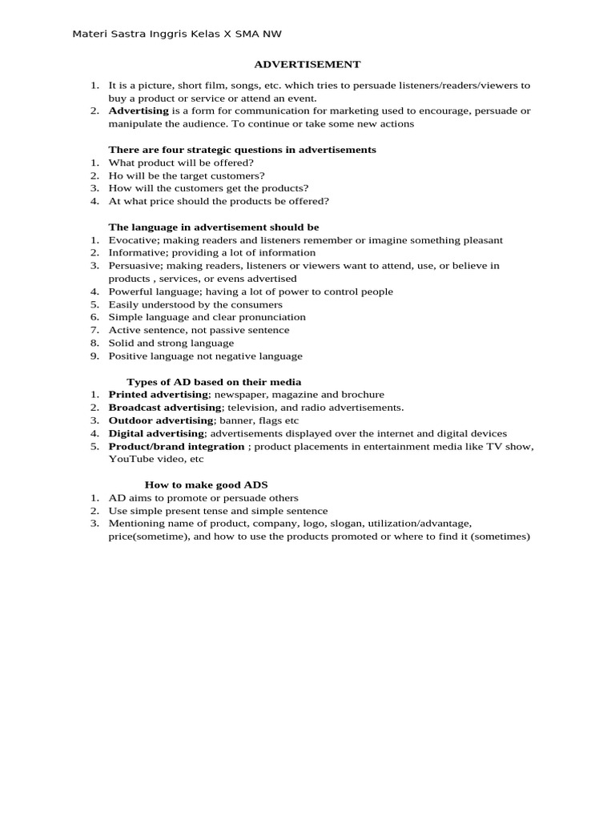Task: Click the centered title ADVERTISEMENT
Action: tap(307, 64)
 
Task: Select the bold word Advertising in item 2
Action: tap(139, 111)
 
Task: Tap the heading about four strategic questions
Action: tap(242, 150)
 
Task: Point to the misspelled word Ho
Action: tap(115, 175)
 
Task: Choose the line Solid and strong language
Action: tap(171, 343)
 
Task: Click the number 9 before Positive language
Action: tap(94, 356)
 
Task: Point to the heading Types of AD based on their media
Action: tap(214, 382)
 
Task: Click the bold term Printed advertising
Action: tap(159, 395)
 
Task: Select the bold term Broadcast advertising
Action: tap(164, 408)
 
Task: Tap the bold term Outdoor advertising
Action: tap(161, 420)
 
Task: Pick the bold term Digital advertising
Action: tap(156, 433)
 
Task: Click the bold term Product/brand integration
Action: tap(177, 446)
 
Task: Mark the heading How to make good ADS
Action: tap(206, 485)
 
